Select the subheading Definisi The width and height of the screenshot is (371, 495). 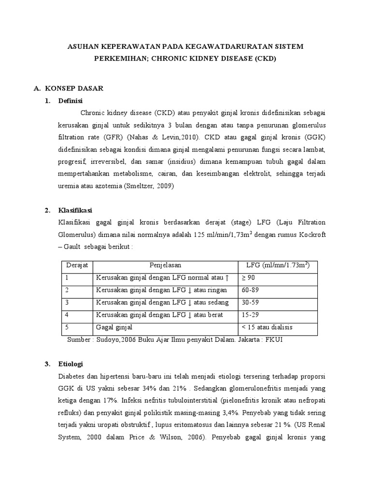71,101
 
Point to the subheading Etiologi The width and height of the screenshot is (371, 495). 70,363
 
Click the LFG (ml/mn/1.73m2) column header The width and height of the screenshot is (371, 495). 278,265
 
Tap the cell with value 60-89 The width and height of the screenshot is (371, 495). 251,290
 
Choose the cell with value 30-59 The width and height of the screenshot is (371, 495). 251,303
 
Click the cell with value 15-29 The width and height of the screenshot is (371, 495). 251,315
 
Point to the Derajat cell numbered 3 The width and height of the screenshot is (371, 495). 67,303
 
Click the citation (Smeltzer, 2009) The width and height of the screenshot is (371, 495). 148,185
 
